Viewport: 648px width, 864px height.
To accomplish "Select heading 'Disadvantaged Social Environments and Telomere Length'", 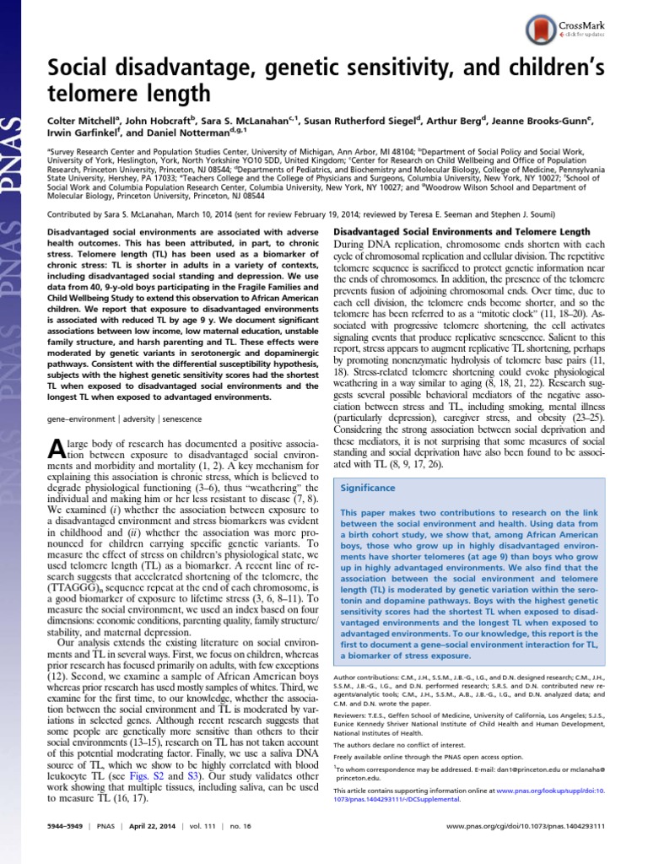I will click(462, 231).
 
